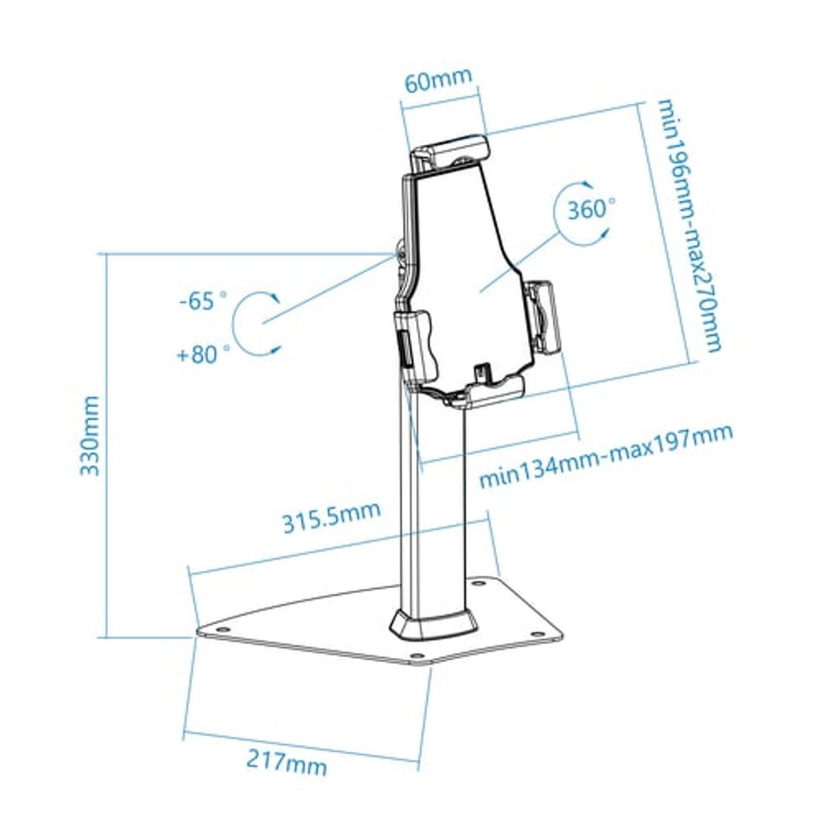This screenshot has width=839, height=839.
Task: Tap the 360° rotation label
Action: pos(591,210)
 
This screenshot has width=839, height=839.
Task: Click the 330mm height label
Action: pos(91,436)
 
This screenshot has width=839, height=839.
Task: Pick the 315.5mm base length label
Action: pos(331,518)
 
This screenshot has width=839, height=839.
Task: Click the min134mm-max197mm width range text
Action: pos(606,455)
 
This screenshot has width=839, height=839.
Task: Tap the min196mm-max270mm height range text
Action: pos(688,227)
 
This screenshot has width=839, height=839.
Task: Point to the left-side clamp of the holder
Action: pos(418,345)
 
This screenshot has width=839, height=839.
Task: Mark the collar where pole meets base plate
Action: pos(433,625)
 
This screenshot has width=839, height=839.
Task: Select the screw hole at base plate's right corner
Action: pos(534,633)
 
